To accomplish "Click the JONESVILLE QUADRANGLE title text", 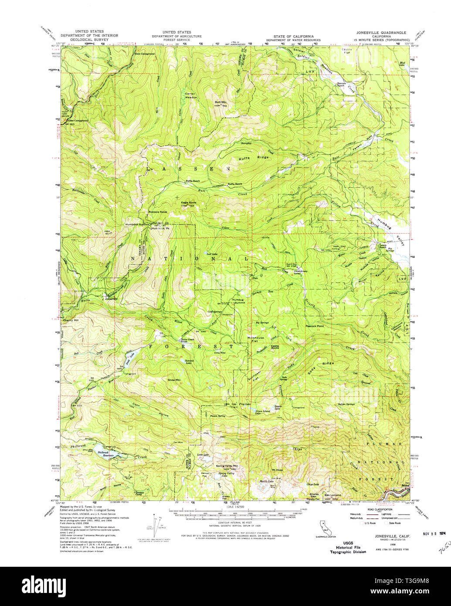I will tap(381, 32).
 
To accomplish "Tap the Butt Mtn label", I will tap(220, 102).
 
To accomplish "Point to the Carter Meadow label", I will tap(190, 95).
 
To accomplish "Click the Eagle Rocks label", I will tap(189, 202).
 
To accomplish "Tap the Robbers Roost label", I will tap(158, 212).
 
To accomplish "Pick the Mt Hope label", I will tap(277, 470).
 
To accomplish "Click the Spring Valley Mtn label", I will tap(227, 466).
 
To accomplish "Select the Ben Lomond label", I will tap(332, 495).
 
